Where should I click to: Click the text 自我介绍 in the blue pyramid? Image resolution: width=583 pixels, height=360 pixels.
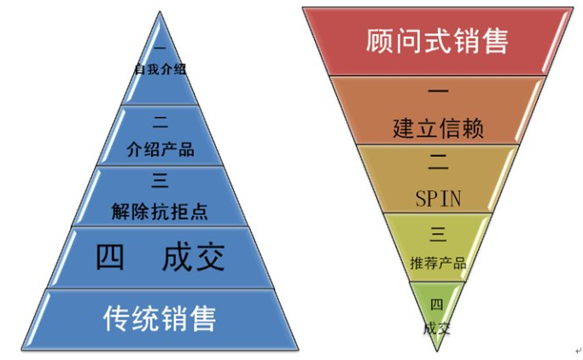click(x=160, y=68)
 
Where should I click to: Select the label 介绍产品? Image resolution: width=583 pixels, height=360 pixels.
click(x=160, y=150)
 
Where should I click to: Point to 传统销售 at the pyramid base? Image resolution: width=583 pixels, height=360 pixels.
click(x=160, y=317)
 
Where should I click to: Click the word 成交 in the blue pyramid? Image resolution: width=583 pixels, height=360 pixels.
click(x=194, y=258)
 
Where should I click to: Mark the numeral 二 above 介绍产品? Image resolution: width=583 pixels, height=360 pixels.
click(x=160, y=123)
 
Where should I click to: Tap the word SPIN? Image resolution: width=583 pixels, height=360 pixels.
click(x=438, y=199)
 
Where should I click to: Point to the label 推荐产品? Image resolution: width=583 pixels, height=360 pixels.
click(x=438, y=262)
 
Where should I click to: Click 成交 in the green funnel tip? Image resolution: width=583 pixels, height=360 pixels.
click(x=436, y=328)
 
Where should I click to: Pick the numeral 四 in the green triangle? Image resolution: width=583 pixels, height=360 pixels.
click(x=436, y=304)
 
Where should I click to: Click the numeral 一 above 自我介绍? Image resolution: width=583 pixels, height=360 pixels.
click(x=160, y=49)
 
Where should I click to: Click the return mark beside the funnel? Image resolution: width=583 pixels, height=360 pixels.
click(x=578, y=350)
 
